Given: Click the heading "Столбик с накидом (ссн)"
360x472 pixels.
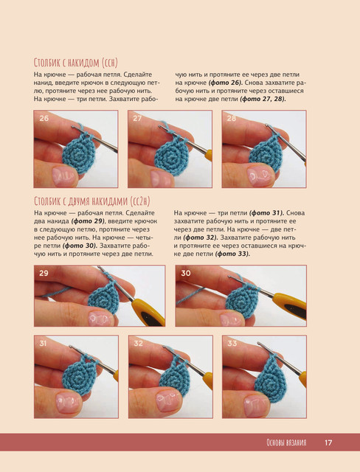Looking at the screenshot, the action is (x=75, y=63).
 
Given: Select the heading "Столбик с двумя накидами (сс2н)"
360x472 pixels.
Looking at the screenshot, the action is (x=91, y=201).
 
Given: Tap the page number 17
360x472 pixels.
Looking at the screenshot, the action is (x=328, y=442).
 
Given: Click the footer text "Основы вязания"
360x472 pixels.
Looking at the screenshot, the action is (x=286, y=442).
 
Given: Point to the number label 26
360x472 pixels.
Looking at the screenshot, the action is (x=44, y=118).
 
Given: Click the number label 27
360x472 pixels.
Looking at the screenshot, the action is (x=137, y=118).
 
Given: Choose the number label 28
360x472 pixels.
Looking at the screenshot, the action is (x=232, y=118).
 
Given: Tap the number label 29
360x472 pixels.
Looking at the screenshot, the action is (x=44, y=273).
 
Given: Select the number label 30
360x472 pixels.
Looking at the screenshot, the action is (x=186, y=273).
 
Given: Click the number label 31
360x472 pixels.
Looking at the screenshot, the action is (x=43, y=343).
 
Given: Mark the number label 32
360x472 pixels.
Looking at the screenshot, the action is (x=138, y=343).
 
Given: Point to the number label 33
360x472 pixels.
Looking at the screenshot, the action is (x=232, y=343).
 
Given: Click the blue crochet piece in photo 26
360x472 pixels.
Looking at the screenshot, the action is (x=79, y=153).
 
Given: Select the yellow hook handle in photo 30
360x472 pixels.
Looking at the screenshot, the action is (x=290, y=306).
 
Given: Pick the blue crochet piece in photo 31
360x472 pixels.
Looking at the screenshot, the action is (x=80, y=375).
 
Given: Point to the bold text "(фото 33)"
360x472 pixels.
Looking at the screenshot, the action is (x=232, y=254).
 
